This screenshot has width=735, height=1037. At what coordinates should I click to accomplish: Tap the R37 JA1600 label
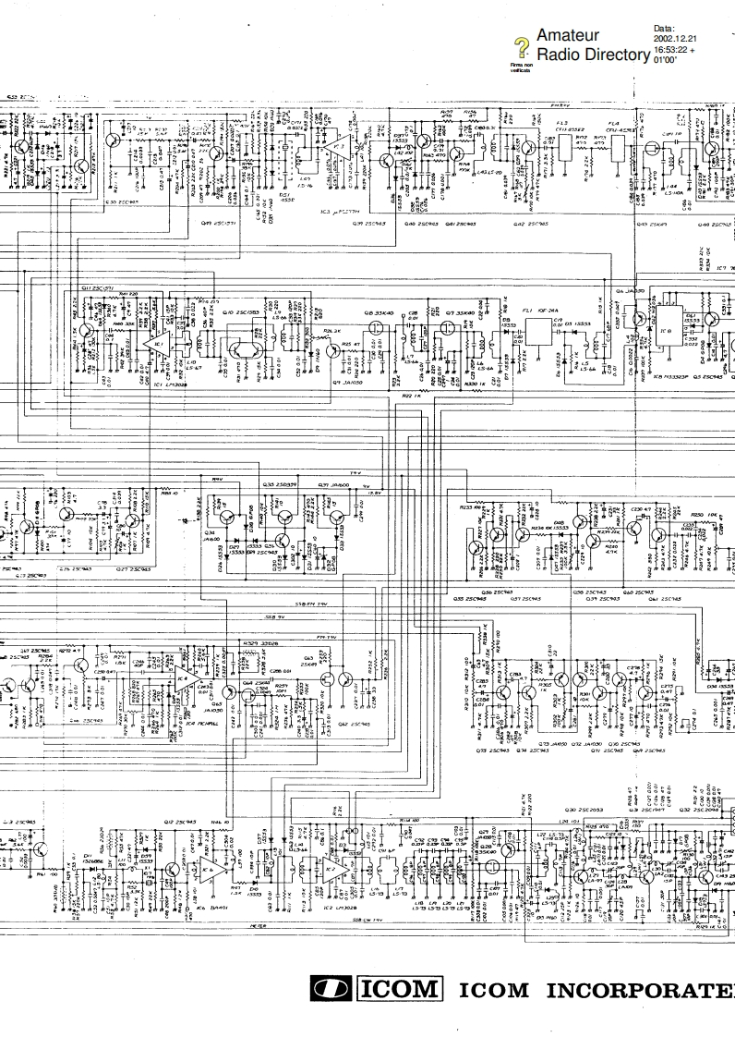(332, 483)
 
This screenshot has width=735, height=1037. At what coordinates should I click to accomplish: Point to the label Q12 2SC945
(179, 822)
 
